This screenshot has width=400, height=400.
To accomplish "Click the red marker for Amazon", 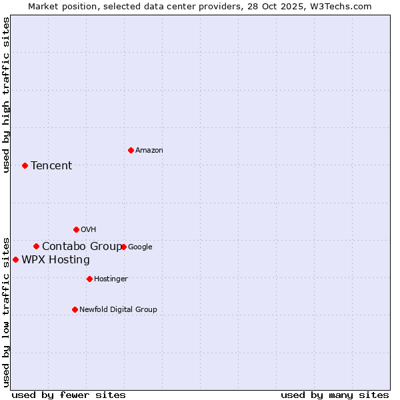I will tap(131, 150).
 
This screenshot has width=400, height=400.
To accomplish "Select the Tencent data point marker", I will tap(25, 165).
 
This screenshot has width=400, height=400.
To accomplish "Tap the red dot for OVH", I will tap(76, 229).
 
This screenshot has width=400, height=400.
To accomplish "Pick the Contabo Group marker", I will tap(36, 246).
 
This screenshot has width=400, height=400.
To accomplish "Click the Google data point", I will tap(123, 247).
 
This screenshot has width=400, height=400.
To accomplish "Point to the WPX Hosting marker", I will tap(15, 259).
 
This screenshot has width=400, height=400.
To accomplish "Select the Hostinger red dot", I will tap(89, 279).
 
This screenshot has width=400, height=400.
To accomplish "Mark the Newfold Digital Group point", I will tap(75, 309).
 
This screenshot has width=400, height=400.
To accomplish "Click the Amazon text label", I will tap(149, 151).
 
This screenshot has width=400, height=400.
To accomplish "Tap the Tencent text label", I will tap(51, 166).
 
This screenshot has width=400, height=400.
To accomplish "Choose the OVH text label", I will tap(89, 230).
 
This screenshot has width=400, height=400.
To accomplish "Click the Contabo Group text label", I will tap(82, 247).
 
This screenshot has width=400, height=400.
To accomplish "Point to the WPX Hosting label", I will tap(55, 260).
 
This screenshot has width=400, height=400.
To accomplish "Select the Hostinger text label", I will tap(111, 279).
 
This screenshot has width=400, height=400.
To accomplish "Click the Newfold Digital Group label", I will tap(118, 310).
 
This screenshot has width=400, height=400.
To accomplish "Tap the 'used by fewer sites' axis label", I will tap(69, 395).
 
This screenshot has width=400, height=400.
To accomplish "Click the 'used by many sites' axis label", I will tap(335, 395).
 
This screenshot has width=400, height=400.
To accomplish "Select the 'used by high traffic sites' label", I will tap(6, 95).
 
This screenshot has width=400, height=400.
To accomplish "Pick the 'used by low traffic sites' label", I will tap(6, 311).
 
